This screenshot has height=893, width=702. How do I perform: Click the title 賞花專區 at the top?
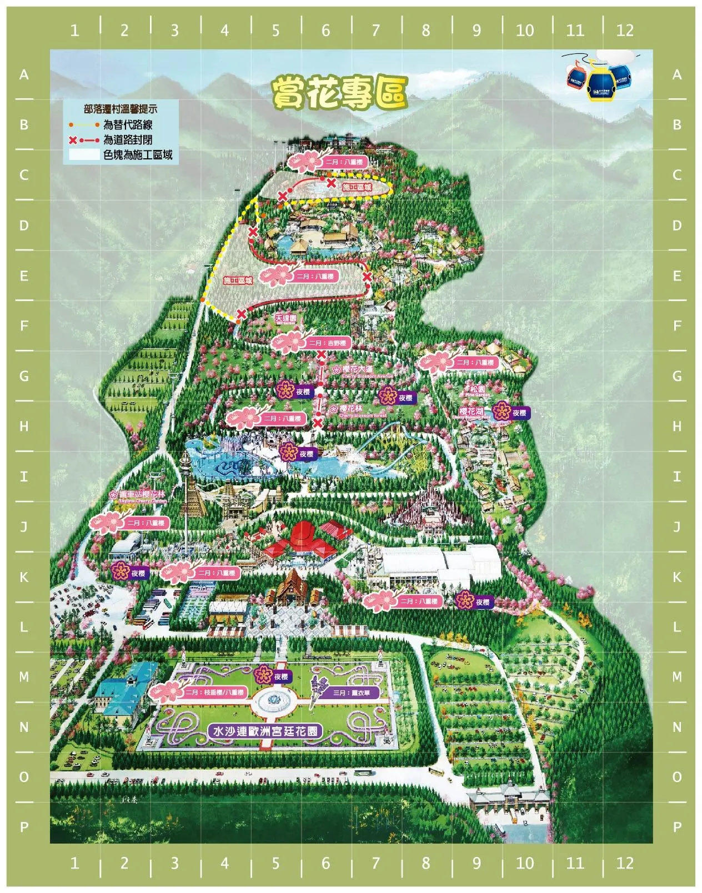tap(339, 93)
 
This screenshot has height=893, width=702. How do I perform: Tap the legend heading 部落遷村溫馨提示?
tap(121, 109)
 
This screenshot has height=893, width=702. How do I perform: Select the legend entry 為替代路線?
tap(128, 125)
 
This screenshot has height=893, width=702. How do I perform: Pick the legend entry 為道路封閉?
tap(128, 140)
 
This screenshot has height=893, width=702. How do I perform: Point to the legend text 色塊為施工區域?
tap(138, 155)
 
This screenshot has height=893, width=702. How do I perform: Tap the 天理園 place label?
tap(285, 319)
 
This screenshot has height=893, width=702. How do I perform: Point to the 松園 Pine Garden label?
tap(477, 390)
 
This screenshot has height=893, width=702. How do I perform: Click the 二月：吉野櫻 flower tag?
tap(327, 344)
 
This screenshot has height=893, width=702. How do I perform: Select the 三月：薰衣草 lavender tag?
tap(355, 693)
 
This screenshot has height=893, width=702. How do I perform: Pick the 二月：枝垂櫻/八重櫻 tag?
tap(214, 692)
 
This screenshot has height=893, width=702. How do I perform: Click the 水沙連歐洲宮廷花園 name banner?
tap(265, 731)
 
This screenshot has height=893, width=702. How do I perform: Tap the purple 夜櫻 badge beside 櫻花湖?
tap(512, 413)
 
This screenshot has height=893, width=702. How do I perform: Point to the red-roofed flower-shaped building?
tap(300, 541)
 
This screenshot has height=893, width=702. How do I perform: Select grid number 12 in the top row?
tap(625, 30)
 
